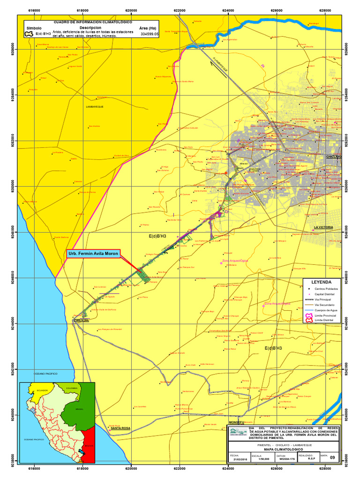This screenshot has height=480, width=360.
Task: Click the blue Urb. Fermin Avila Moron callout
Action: [x=93, y=254]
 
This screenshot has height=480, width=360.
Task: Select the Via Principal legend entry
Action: [x=323, y=299]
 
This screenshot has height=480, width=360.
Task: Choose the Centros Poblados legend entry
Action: [x=326, y=289]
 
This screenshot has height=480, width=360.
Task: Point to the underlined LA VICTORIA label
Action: [x=323, y=227]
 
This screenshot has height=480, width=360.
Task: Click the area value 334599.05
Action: [x=150, y=34]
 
